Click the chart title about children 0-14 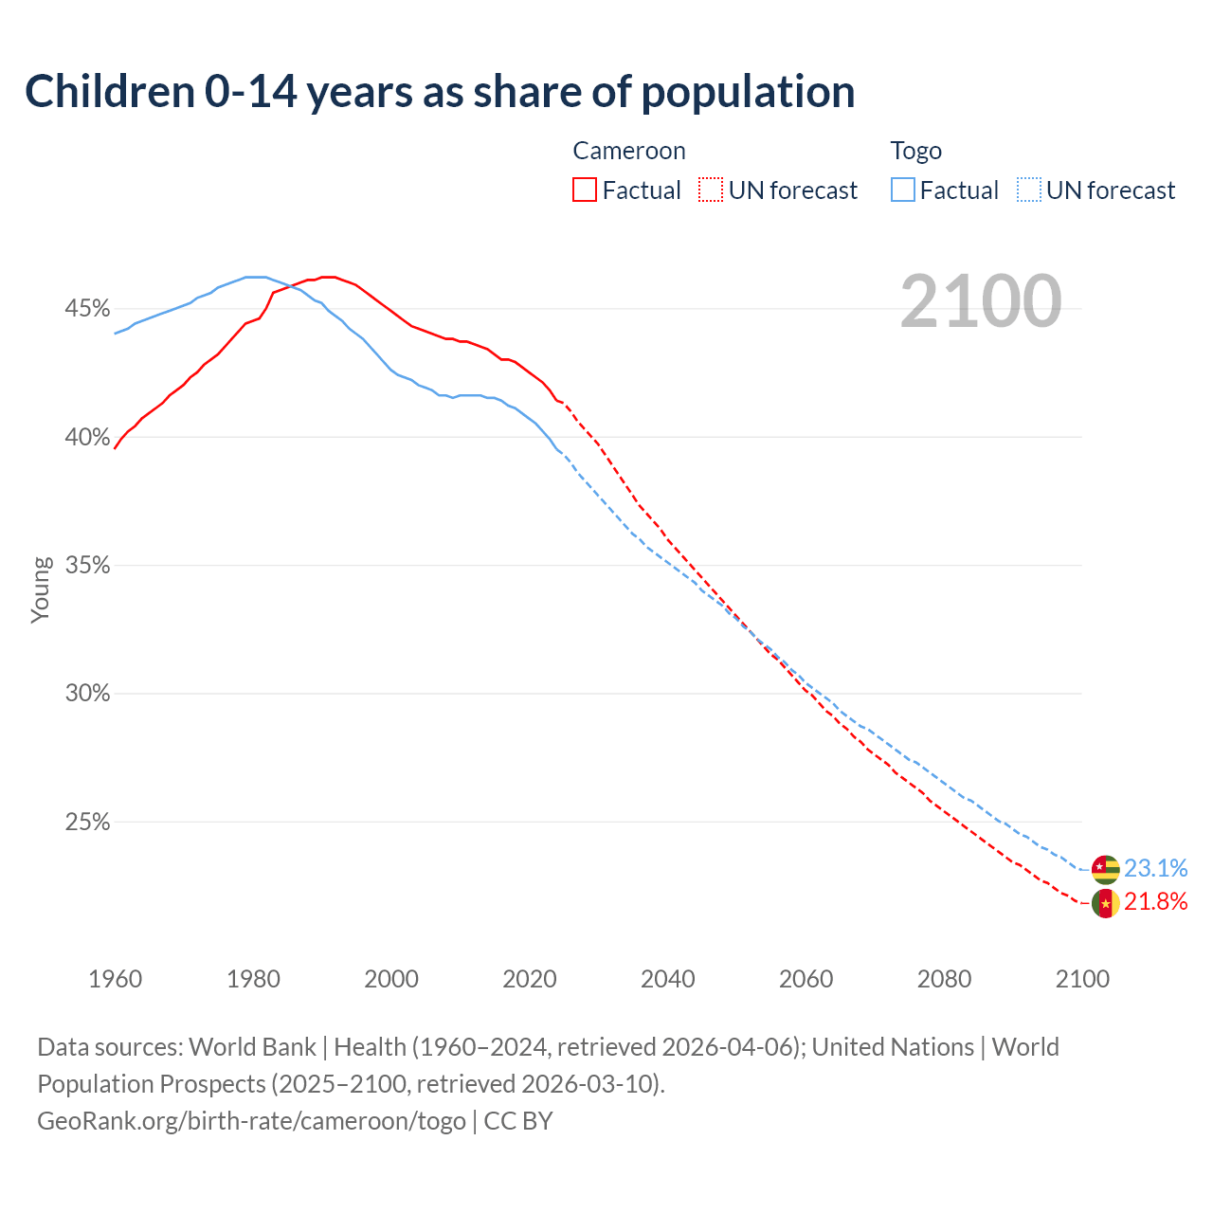coord(440,92)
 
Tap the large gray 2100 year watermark coord(981,301)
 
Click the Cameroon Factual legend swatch coord(585,190)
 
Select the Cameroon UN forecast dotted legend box coord(711,190)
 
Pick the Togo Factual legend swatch coord(903,190)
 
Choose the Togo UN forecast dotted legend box coord(1029,190)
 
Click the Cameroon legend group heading coord(629,151)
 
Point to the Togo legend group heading coord(916,151)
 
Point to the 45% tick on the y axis coord(87,309)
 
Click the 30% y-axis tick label coord(87,694)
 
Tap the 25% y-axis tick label coord(87,823)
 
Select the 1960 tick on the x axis coord(115,979)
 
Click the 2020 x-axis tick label coord(530,979)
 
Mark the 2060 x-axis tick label coord(806,979)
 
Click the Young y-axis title coord(41,589)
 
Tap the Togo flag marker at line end coord(1106,869)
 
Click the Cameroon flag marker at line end coord(1106,903)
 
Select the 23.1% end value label coord(1156,868)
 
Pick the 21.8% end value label coord(1156,901)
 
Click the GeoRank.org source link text coord(251,1121)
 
